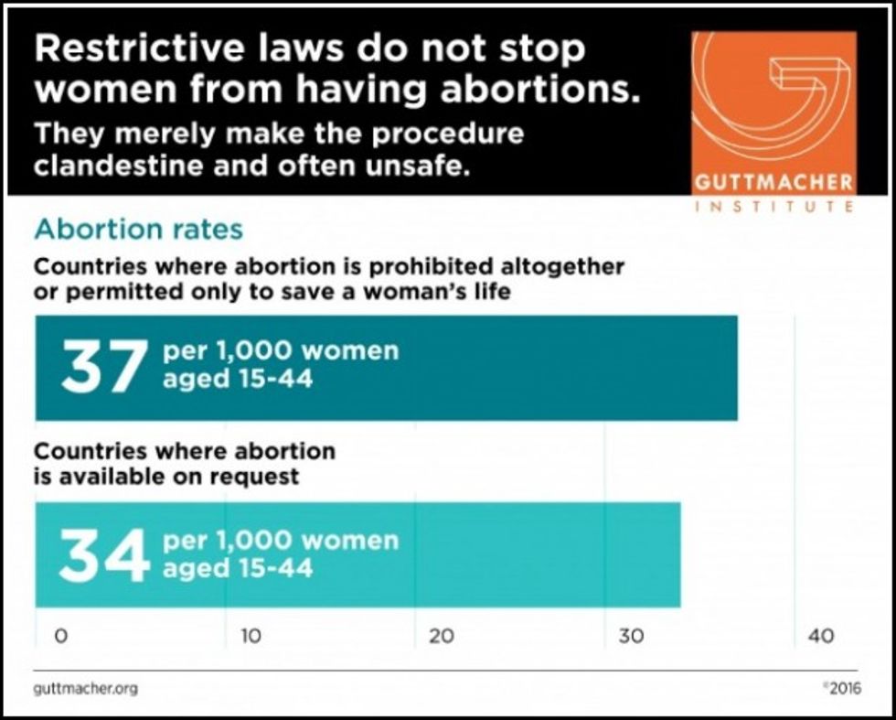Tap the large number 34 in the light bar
(103, 554)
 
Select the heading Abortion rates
(139, 228)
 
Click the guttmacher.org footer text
(86, 688)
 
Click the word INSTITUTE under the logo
(774, 206)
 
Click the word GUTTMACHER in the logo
(773, 181)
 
